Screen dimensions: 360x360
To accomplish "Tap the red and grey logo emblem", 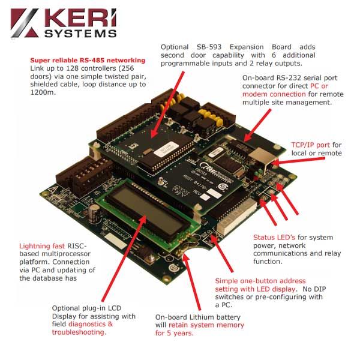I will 24,24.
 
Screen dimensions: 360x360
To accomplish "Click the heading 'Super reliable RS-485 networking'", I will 88,61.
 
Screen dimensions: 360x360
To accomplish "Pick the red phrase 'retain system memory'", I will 209,325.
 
